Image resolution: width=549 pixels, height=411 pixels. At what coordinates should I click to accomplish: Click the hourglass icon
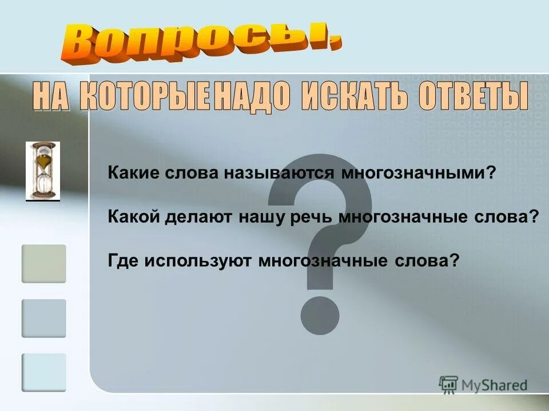pyautogui.click(x=43, y=171)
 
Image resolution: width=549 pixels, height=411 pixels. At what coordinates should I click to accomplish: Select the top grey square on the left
pyautogui.click(x=44, y=264)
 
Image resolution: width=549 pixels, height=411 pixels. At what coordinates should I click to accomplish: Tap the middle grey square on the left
pyautogui.click(x=44, y=319)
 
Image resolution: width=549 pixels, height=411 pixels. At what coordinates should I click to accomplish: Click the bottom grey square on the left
pyautogui.click(x=44, y=373)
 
